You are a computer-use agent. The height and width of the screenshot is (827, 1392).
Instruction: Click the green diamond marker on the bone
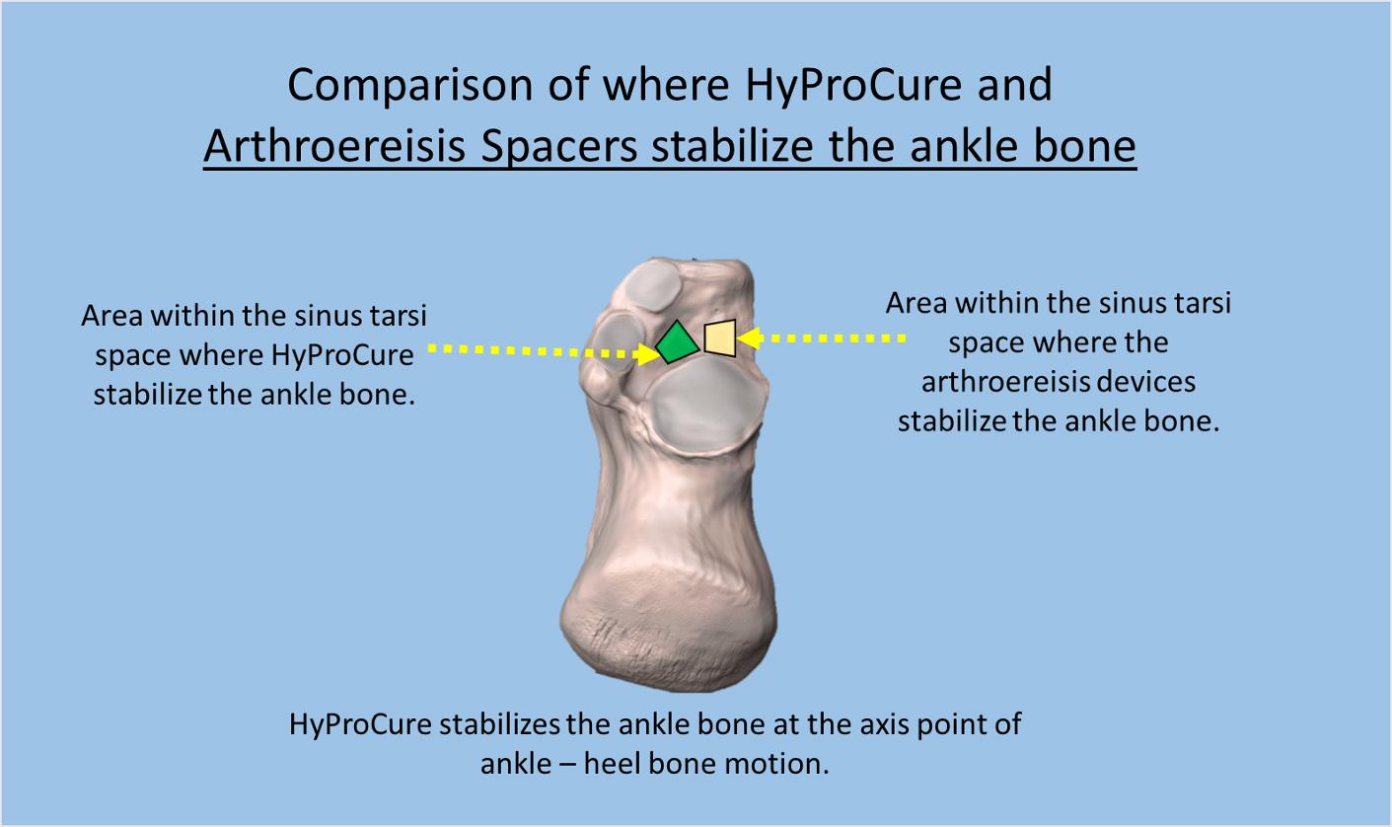pos(677,342)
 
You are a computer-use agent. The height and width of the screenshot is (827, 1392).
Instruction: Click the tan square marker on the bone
pos(720,338)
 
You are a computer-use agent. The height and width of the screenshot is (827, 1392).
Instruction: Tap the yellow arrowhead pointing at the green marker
pos(647,354)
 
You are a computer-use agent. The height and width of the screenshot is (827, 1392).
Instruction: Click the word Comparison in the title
pos(409,85)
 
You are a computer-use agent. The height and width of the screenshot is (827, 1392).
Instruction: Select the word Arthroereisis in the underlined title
pos(334,146)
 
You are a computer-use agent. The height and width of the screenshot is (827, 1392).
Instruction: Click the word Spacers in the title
pos(559,147)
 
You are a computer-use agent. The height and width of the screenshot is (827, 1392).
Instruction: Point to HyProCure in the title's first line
pos(852,85)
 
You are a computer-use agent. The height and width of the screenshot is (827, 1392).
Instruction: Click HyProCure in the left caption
pos(342,355)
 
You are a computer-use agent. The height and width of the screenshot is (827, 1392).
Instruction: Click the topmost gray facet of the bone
pos(652,284)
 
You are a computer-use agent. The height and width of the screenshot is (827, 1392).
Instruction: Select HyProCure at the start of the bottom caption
pos(360,725)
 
